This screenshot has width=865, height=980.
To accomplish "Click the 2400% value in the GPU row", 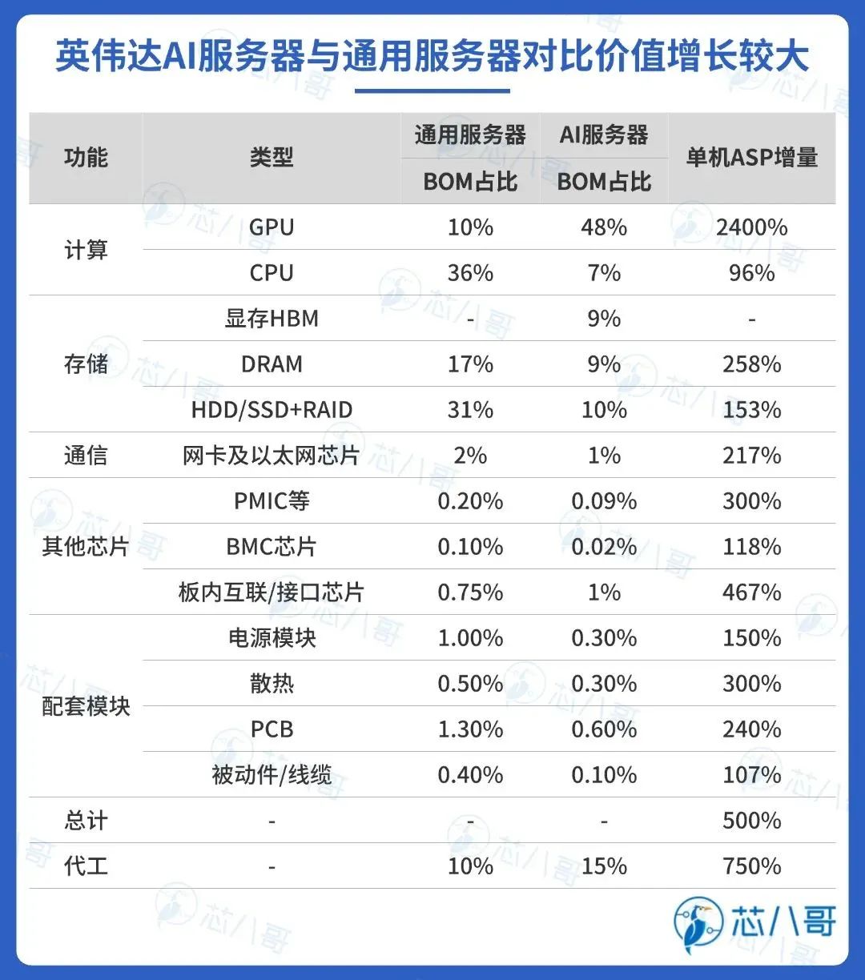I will pos(751,227).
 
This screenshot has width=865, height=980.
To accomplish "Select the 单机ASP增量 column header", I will pos(751,158).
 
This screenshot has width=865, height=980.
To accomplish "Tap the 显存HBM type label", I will pos(272,319).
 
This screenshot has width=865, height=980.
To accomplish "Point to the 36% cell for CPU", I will pos(470,273).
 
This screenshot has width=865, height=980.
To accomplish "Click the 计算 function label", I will pos(86,250).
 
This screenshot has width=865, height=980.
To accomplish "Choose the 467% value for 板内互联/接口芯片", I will pos(751,592).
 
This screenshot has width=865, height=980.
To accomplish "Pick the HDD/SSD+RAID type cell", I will pos(272,410).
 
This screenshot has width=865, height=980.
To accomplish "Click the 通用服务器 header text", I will pos(470,135).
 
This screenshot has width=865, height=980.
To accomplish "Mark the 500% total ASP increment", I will pos(751,821).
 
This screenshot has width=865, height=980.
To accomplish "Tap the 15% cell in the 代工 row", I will pos(604,866).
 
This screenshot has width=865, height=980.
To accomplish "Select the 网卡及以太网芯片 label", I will pos(272,456).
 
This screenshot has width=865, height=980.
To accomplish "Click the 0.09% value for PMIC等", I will pos(604,501).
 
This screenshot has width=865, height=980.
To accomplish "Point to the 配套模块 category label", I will pos(86,706).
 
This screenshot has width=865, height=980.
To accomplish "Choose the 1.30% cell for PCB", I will pos(470,729).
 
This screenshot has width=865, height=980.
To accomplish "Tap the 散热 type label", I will pos(272,684).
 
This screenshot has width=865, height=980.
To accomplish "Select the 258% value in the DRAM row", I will pos(751,364).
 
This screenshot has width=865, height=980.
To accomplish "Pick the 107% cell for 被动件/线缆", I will pos(751,775).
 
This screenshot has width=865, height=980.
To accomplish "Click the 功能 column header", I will pos(86,158).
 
